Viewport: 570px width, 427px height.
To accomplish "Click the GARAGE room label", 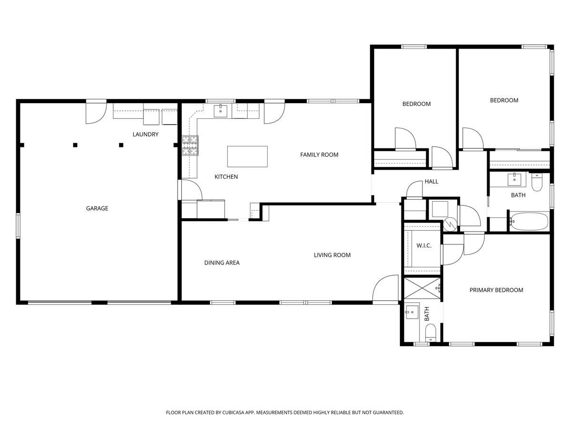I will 97,208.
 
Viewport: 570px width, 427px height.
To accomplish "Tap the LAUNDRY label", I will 145,135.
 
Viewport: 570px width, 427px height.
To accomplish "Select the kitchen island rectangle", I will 247,156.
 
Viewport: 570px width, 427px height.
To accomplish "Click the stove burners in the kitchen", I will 190,146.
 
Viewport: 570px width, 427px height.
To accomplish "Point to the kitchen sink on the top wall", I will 220,111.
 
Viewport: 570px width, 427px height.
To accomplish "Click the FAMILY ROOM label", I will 319,155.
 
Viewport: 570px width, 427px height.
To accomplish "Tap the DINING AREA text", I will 221,262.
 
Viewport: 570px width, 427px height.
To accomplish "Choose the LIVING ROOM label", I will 332,255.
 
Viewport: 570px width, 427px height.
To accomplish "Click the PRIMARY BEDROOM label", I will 496,290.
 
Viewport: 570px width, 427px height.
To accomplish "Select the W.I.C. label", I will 424,246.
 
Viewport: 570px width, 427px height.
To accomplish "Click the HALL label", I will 431,182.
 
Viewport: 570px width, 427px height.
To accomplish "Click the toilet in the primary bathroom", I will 430,332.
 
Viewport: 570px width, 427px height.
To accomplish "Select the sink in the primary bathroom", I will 411,312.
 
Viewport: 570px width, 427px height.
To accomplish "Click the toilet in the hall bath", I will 537,183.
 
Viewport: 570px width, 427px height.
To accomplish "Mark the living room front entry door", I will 386,290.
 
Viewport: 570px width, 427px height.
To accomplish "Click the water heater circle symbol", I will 450,223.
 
